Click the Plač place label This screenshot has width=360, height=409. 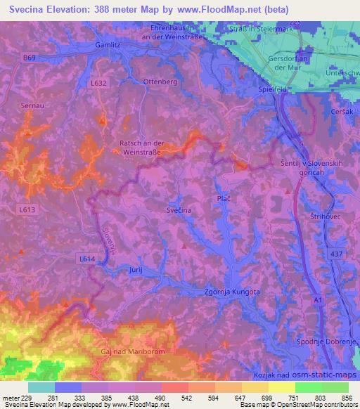224,200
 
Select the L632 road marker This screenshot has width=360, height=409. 99,82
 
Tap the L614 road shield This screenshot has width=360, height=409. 86,259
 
